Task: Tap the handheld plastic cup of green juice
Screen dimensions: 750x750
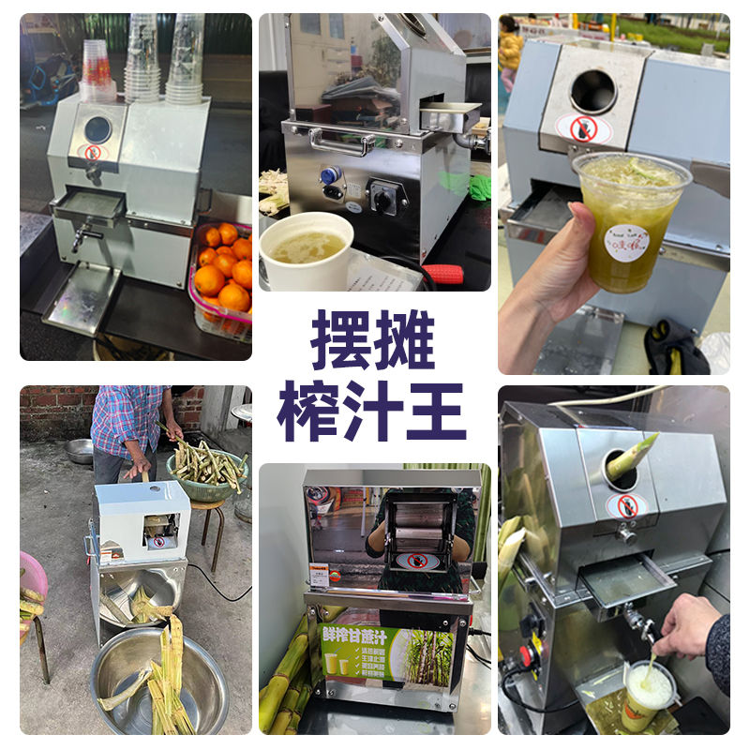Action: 630,220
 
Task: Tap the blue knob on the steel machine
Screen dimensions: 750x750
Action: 329,175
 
